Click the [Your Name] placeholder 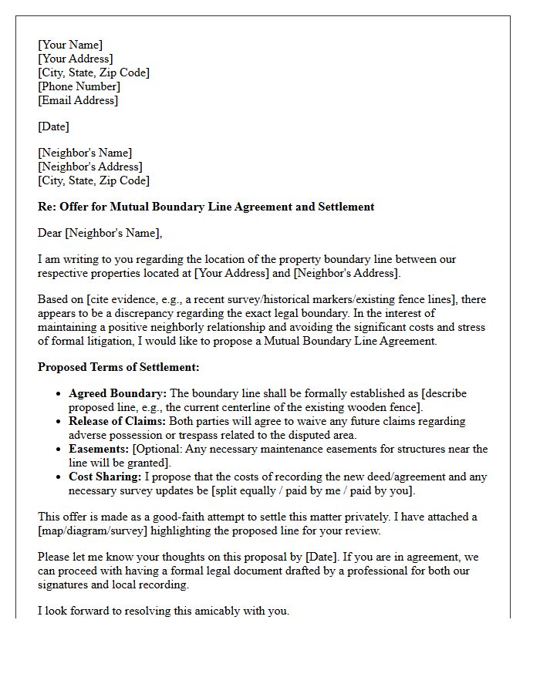70,45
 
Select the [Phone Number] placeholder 79,86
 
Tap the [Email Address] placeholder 78,100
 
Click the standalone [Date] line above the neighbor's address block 53,126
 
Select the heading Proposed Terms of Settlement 118,367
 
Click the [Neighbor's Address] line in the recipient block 90,167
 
